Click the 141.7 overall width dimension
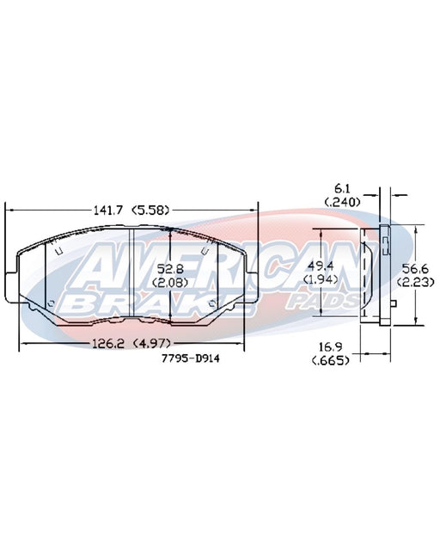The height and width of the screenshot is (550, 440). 108,210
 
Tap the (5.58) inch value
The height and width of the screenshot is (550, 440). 150,210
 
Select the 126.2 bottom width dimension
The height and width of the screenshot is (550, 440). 108,344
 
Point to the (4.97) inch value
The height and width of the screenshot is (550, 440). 151,344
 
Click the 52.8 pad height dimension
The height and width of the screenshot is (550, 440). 170,269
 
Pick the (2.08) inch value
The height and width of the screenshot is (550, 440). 170,283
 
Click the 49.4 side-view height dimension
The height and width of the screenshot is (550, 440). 321,266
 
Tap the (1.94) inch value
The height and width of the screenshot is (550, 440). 321,279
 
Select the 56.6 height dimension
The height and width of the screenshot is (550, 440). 415,269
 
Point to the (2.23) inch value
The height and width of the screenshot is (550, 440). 415,282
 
